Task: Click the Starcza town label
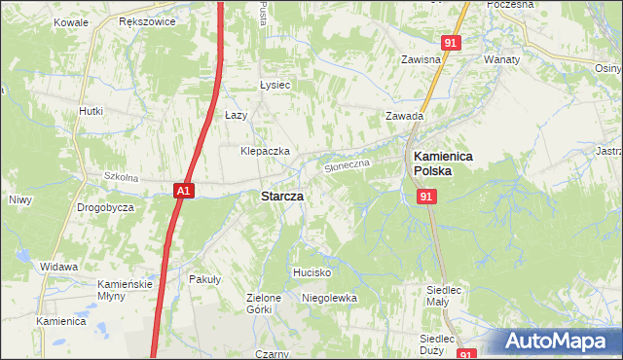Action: pyautogui.click(x=281, y=197)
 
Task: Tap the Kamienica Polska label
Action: pyautogui.click(x=444, y=162)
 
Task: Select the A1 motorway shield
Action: pyautogui.click(x=185, y=192)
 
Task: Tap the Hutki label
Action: pyautogui.click(x=91, y=111)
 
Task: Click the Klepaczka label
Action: pyautogui.click(x=266, y=152)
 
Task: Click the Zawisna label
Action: pyautogui.click(x=422, y=59)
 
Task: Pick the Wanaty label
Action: pyautogui.click(x=502, y=59)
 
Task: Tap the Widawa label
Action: pyautogui.click(x=58, y=266)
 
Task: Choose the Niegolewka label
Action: pyautogui.click(x=330, y=298)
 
